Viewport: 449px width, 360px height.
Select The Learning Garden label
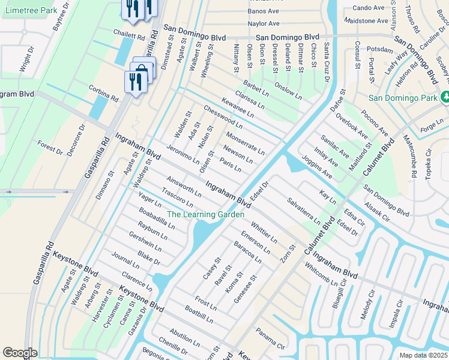click(x=205, y=214)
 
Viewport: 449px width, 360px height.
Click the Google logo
click(x=20, y=353)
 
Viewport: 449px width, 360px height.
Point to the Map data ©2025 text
click(x=423, y=355)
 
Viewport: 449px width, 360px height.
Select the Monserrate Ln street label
click(x=245, y=142)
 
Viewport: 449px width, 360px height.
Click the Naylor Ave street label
click(x=264, y=23)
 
